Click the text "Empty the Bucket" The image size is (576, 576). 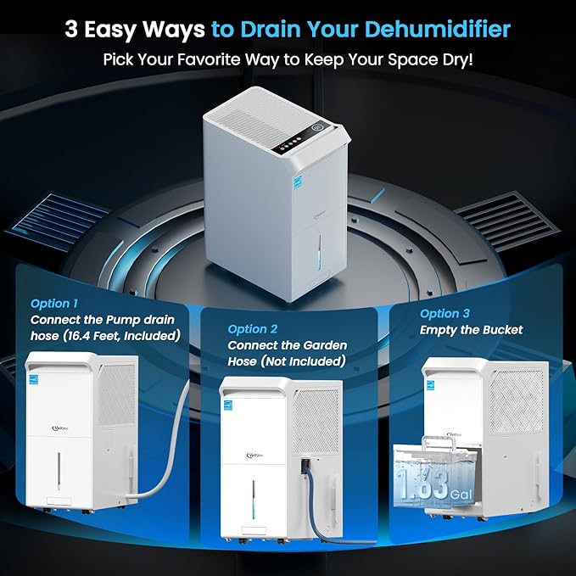[472, 329]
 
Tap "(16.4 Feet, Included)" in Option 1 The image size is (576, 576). [126, 336]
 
